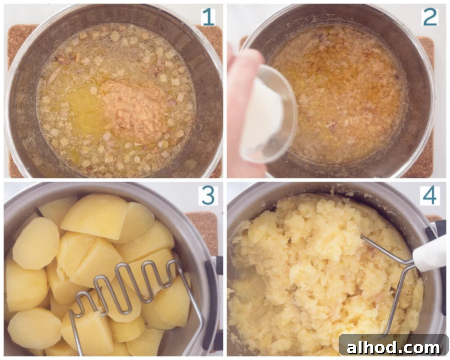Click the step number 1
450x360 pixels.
(208, 17)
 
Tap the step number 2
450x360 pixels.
(430, 17)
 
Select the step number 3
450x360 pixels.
(208, 196)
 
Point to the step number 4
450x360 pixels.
(430, 196)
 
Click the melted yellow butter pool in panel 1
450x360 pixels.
(86, 111)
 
